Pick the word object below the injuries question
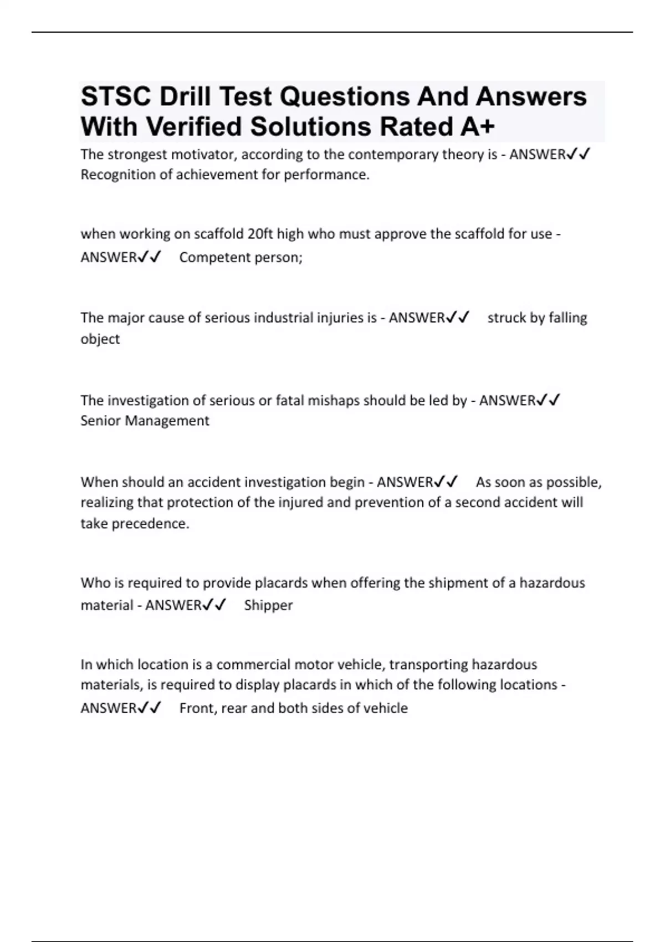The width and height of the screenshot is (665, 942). click(100, 339)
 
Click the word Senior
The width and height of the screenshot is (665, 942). click(101, 421)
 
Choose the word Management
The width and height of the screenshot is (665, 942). click(167, 421)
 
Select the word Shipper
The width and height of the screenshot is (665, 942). click(268, 605)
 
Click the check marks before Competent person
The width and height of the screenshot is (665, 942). click(149, 257)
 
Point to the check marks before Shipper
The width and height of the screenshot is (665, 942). click(214, 605)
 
